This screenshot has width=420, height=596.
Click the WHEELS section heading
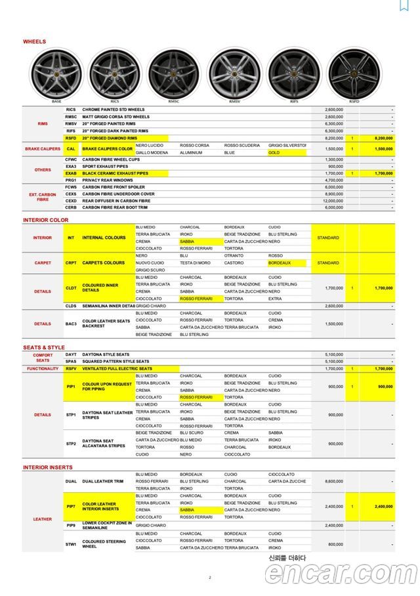click(34, 41)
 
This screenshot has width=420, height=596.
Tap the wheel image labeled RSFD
click(354, 73)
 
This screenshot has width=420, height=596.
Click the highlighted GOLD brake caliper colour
click(274, 152)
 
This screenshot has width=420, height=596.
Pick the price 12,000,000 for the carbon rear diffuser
click(334, 201)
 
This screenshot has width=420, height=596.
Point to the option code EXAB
click(71, 173)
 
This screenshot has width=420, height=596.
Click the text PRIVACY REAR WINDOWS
click(108, 180)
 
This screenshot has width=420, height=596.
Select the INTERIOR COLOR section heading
click(45, 220)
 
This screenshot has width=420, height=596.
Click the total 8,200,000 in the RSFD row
click(383, 138)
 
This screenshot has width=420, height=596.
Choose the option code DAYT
click(71, 354)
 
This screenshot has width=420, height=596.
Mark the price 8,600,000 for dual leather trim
click(334, 481)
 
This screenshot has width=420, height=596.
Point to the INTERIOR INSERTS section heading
click(48, 467)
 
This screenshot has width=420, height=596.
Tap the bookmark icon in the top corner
click(404, 6)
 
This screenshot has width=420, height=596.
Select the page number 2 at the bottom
click(210, 578)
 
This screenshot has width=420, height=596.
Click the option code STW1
click(71, 544)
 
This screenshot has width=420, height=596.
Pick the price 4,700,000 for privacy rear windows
click(334, 180)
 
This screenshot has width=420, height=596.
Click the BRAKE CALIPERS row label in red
click(43, 149)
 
